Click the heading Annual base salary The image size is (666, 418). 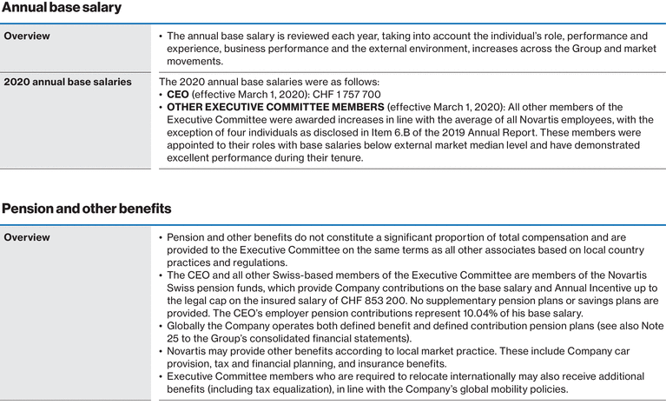pos(62,8)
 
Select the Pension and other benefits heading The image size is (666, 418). pos(86,209)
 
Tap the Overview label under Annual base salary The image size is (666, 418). pos(27,36)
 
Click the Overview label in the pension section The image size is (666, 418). pos(27,237)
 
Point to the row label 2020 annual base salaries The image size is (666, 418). pos(68,82)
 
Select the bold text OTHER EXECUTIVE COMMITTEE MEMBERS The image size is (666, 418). pos(275,107)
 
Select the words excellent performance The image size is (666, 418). pos(221,157)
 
